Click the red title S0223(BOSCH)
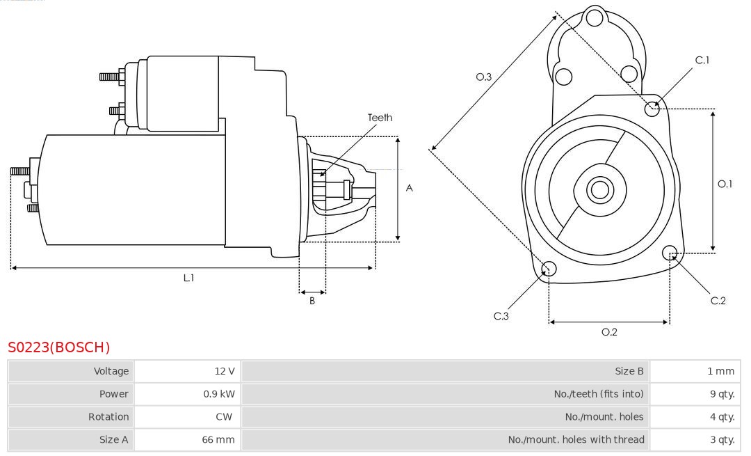coord(59,347)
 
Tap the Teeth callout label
coord(380,118)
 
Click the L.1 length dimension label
coord(188,278)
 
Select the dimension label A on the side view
coord(410,188)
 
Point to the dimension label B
coord(312,301)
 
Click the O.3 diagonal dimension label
coord(484,77)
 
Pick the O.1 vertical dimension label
coord(725,184)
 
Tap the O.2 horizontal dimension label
coord(609,332)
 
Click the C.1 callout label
coord(702,60)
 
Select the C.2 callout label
coord(718,301)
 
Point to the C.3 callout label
coord(501,316)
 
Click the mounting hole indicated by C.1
coord(652,109)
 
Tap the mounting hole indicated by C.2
coord(670,252)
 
